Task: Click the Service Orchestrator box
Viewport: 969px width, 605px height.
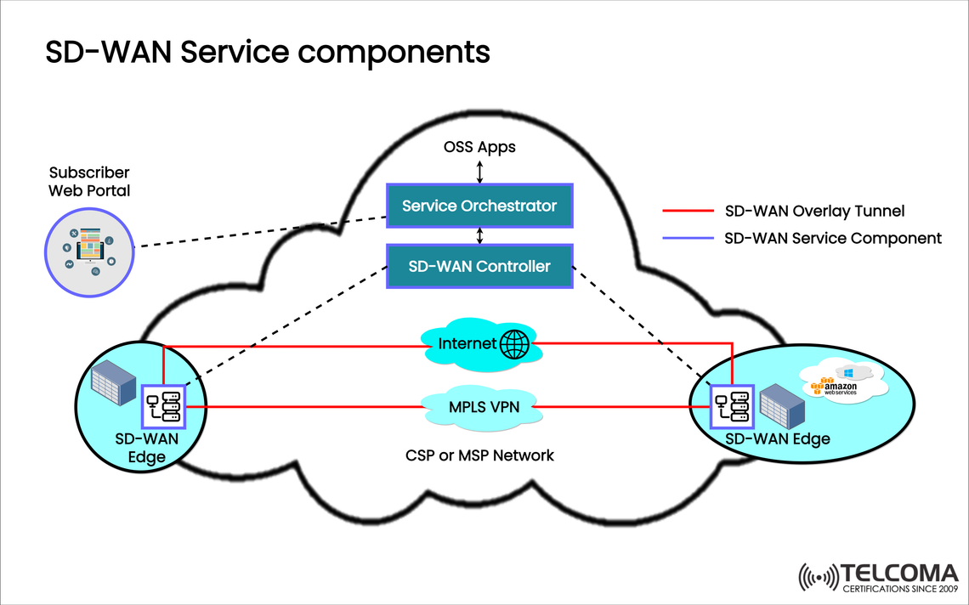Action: coord(479,206)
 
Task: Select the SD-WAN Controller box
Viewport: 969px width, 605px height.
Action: coord(479,266)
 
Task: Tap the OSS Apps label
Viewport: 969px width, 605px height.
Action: coord(479,147)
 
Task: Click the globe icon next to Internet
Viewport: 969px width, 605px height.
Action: coord(515,344)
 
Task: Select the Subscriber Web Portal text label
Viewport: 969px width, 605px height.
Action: coord(89,181)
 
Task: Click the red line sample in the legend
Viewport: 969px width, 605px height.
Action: coord(686,211)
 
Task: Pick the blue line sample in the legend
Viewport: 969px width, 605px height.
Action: coord(686,238)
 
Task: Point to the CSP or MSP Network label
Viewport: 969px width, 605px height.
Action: coord(479,455)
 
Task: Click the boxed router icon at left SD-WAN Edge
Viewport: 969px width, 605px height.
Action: coord(163,406)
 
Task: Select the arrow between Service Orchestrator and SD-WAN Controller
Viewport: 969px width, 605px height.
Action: coord(480,235)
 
